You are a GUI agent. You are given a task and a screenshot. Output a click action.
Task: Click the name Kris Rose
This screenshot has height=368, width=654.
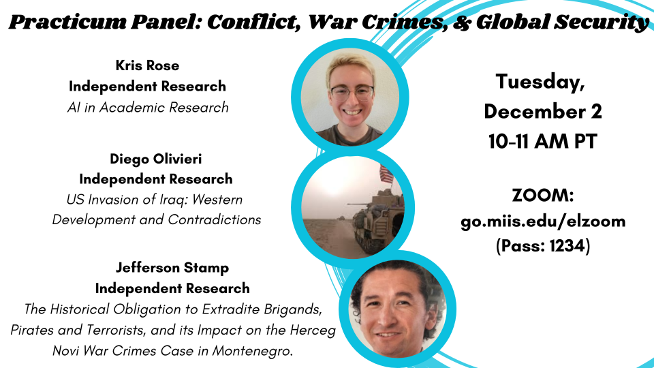click(147, 65)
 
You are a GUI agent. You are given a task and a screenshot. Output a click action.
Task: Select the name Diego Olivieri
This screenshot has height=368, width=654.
click(156, 158)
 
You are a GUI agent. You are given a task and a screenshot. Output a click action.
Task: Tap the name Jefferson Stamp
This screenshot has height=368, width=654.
click(172, 268)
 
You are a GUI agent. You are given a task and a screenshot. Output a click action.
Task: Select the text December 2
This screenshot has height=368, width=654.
click(543, 112)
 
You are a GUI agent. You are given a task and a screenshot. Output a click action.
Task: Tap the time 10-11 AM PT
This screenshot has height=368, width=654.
click(543, 142)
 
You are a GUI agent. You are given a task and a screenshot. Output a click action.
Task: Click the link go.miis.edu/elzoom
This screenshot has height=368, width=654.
click(543, 221)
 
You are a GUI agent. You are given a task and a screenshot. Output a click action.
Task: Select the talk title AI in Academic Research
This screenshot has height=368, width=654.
click(147, 107)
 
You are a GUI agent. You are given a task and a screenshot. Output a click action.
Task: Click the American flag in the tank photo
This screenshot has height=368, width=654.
click(386, 174)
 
